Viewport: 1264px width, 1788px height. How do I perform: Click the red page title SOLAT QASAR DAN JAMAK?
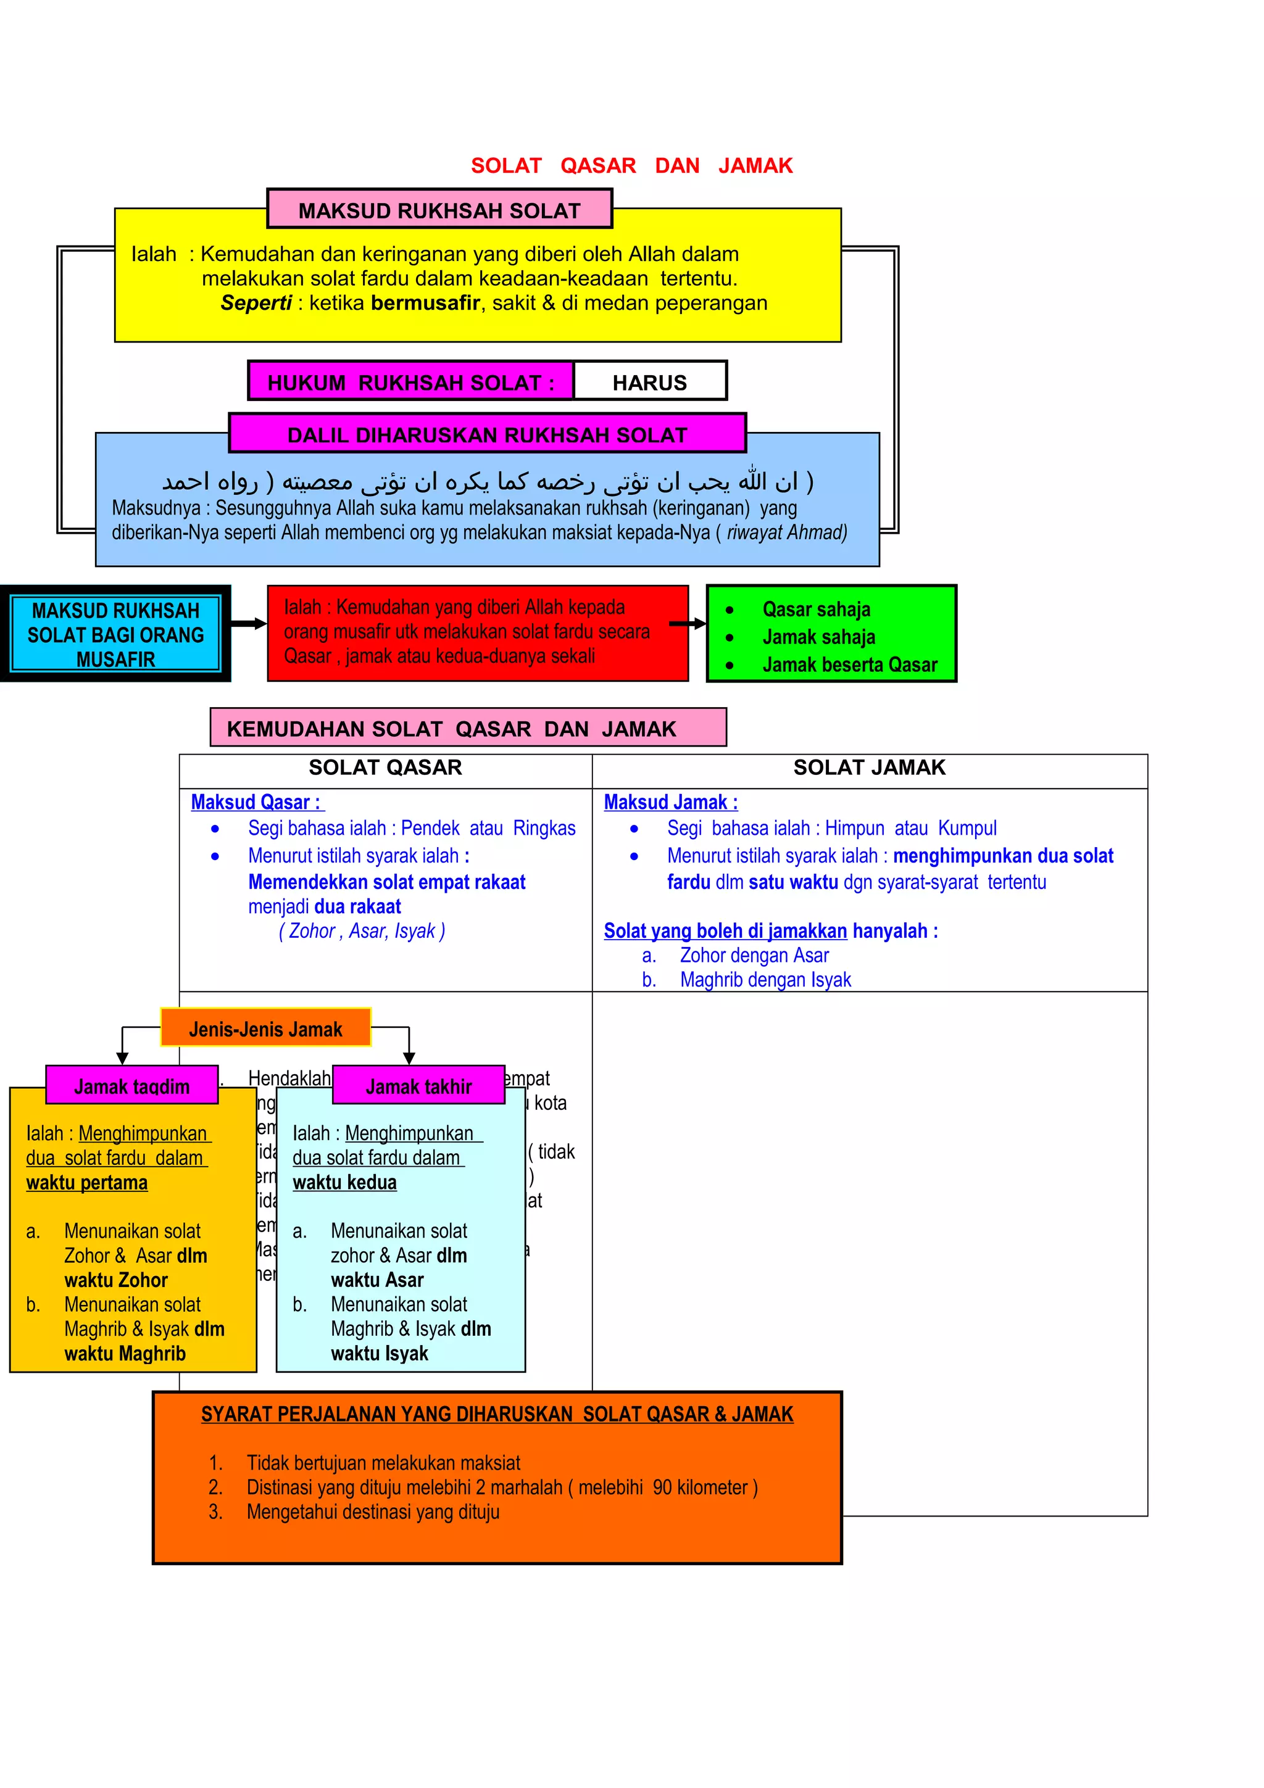pos(631,166)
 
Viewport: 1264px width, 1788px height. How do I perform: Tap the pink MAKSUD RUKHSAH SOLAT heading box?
pos(439,210)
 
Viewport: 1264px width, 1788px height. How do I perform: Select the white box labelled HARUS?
pos(649,383)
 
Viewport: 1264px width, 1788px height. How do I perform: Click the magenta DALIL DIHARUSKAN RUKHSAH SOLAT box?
pos(487,434)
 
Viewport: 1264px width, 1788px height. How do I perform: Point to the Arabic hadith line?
pos(488,481)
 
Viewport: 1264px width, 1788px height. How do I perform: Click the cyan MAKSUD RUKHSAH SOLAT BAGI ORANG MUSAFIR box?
pos(115,634)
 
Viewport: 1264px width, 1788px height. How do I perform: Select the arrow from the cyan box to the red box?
pos(249,624)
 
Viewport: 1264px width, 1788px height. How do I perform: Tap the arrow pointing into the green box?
pos(688,624)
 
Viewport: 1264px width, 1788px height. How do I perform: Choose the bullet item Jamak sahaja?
pos(818,637)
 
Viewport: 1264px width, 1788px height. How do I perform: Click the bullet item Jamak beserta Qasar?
pos(850,665)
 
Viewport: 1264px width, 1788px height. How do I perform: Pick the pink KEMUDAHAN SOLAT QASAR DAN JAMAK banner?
pos(467,728)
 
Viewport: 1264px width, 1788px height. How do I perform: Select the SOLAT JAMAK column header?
pos(869,768)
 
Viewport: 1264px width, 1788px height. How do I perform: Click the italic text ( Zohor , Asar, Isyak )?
pos(362,932)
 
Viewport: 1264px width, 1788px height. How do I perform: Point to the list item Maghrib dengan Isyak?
pos(765,980)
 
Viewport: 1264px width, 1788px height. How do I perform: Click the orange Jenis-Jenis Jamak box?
pos(265,1029)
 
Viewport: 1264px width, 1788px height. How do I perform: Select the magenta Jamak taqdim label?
pos(131,1086)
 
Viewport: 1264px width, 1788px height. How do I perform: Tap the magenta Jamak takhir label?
pos(418,1086)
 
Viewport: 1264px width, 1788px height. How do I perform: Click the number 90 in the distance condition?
pos(662,1488)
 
